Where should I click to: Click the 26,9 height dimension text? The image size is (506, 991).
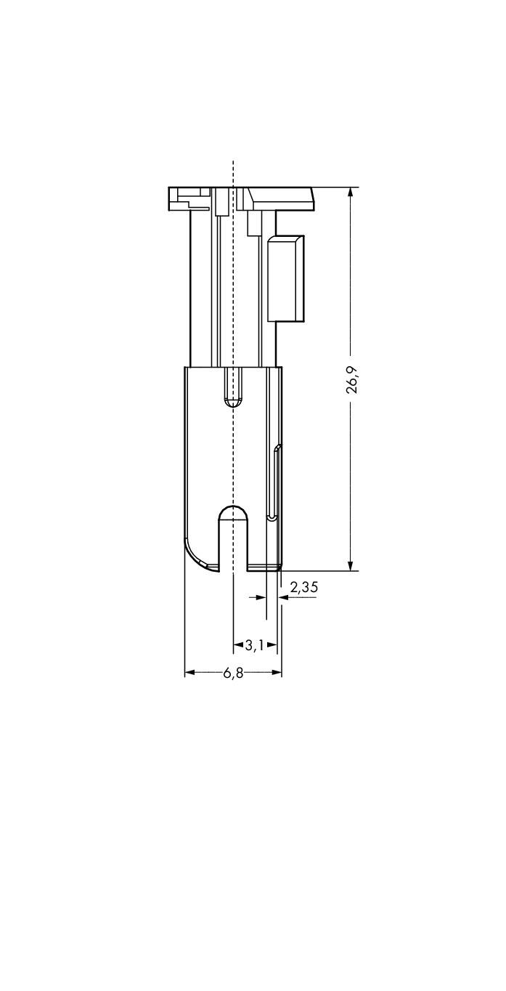[x=352, y=379]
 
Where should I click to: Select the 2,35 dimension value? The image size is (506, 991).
[x=303, y=587]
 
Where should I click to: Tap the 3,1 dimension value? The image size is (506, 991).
[x=254, y=645]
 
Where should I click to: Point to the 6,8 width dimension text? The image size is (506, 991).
[x=233, y=673]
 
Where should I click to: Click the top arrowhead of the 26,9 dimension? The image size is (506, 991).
[x=351, y=193]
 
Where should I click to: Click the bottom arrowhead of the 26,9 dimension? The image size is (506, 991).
[x=351, y=565]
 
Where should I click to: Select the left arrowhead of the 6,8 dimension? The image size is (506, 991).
[x=189, y=673]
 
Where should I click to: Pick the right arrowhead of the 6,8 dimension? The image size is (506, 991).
[x=277, y=673]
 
